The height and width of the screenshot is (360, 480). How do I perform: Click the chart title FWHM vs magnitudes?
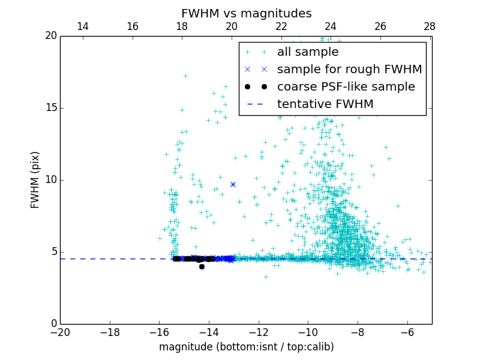point(246,13)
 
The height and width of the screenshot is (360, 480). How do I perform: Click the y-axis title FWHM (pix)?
point(35,180)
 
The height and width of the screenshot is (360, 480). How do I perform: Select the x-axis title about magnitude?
point(246,347)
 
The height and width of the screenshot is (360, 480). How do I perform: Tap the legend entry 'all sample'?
point(308,52)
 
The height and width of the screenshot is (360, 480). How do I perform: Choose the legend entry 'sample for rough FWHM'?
point(349,70)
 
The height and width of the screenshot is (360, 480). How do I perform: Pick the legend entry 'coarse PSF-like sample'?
point(346,87)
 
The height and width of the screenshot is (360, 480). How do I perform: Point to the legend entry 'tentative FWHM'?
point(325,104)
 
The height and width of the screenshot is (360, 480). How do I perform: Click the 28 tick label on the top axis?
point(430,26)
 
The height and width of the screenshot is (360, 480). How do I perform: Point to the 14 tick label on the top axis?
point(83,26)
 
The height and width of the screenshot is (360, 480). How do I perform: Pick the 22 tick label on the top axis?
point(281,26)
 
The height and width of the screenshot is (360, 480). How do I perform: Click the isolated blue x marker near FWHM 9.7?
point(233,184)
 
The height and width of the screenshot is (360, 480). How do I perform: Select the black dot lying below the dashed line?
point(202,266)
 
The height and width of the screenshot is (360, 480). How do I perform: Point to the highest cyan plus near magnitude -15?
point(185,76)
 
